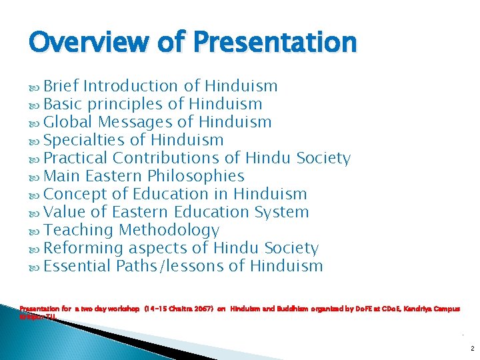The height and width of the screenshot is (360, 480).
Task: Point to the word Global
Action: tap(68, 122)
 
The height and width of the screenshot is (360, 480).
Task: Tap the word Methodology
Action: tap(169, 230)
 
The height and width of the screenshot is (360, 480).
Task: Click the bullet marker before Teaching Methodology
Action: tap(35, 231)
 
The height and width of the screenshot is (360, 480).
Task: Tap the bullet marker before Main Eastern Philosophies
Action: tap(35, 177)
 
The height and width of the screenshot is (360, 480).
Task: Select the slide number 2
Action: tap(471, 348)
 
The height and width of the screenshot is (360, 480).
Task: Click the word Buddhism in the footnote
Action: tap(307, 309)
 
